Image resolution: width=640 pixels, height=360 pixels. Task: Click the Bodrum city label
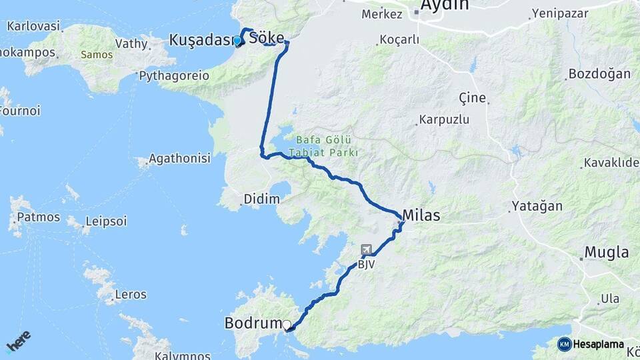coord(253,323)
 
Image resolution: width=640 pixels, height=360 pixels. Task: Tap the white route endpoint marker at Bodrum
coord(287,325)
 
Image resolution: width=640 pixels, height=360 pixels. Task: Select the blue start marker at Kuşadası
coord(237,41)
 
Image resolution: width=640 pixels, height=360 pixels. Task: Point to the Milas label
coord(421,215)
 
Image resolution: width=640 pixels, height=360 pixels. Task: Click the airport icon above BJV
coord(366,249)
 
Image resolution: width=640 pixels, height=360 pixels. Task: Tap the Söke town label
coord(267,38)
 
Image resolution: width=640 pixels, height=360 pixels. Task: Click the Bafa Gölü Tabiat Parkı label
coord(325,146)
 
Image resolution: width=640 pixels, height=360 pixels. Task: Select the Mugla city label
coord(606,252)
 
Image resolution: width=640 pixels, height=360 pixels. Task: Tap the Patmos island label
coord(38,217)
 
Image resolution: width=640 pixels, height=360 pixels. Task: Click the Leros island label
coord(131,293)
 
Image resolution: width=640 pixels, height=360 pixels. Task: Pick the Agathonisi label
coord(179,159)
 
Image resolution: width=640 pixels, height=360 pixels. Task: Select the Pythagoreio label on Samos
coord(174,76)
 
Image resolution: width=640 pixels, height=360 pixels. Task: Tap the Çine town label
coord(473,97)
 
